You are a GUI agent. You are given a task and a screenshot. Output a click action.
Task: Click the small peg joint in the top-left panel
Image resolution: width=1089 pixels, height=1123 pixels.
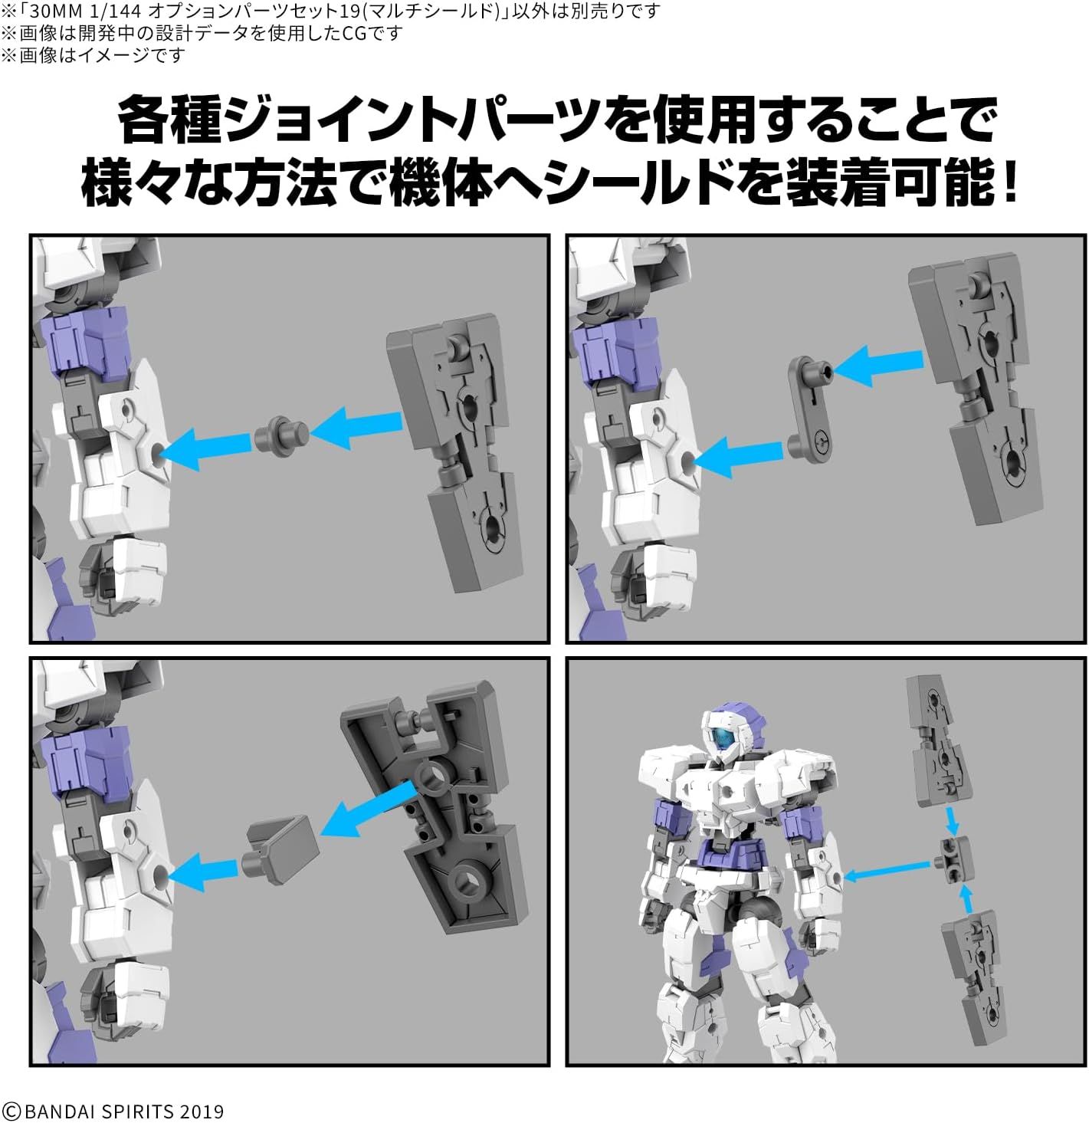coord(281,434)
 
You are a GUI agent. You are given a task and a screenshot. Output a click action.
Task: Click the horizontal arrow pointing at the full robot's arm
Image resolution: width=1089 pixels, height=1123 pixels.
coord(887,872)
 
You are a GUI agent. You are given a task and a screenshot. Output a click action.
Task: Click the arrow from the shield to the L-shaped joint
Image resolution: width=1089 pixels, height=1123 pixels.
coord(877,364)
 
